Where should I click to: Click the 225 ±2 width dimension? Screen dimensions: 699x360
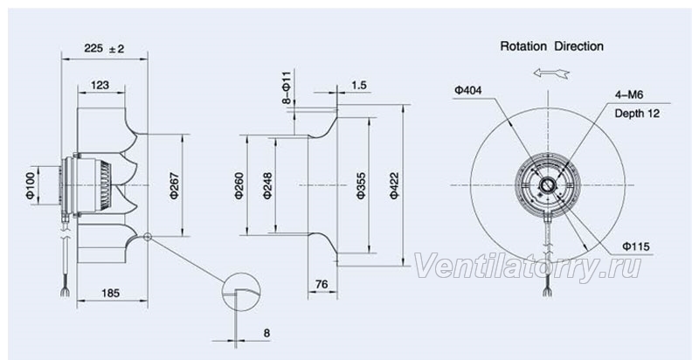(x=104, y=48)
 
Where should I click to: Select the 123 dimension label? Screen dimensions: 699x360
(x=100, y=85)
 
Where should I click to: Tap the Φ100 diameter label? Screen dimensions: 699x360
(x=31, y=185)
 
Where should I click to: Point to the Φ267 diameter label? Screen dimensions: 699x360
(x=175, y=185)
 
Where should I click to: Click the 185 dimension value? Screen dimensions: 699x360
(x=111, y=293)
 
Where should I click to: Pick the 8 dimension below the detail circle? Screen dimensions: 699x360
(x=266, y=333)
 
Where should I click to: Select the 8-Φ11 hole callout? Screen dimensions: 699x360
(x=287, y=87)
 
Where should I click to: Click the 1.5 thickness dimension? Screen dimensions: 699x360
(x=359, y=85)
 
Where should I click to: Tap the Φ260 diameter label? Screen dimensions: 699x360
(x=239, y=185)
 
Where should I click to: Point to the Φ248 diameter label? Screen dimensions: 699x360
(x=267, y=185)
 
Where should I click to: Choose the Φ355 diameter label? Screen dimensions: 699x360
(x=361, y=185)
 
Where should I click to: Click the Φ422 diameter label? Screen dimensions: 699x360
(x=395, y=185)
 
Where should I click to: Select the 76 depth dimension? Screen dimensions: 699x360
(x=322, y=284)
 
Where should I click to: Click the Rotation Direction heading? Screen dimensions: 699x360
(x=552, y=46)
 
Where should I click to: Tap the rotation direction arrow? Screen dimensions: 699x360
(x=551, y=73)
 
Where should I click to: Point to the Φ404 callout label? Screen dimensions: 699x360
(x=468, y=91)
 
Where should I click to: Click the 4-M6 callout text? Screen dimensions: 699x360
(x=629, y=94)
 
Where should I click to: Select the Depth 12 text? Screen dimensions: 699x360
(x=637, y=114)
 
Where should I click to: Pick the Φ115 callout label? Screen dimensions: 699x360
(x=636, y=246)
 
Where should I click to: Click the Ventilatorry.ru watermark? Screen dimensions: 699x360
(x=528, y=267)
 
